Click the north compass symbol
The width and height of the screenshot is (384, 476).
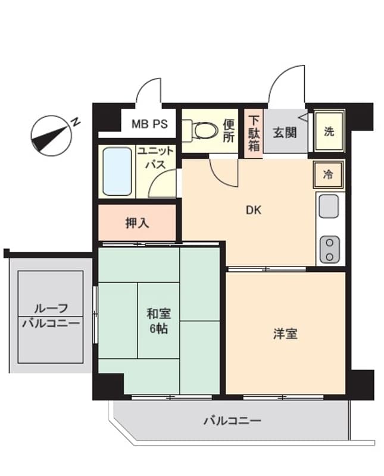point(49,135)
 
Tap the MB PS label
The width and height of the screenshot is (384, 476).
point(149,126)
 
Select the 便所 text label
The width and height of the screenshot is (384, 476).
point(229,130)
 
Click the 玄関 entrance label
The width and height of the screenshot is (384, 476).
point(285,132)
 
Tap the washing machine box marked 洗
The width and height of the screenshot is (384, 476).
point(329,131)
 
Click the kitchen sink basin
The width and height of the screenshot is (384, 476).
point(328,206)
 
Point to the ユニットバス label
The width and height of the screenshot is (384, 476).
point(155,158)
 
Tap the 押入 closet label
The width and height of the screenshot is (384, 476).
point(138,223)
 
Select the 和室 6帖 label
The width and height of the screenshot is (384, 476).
point(158,320)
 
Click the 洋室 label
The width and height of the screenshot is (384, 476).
point(285,334)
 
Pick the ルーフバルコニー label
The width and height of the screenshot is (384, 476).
point(51,316)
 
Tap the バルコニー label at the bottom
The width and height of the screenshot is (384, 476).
point(232,421)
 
